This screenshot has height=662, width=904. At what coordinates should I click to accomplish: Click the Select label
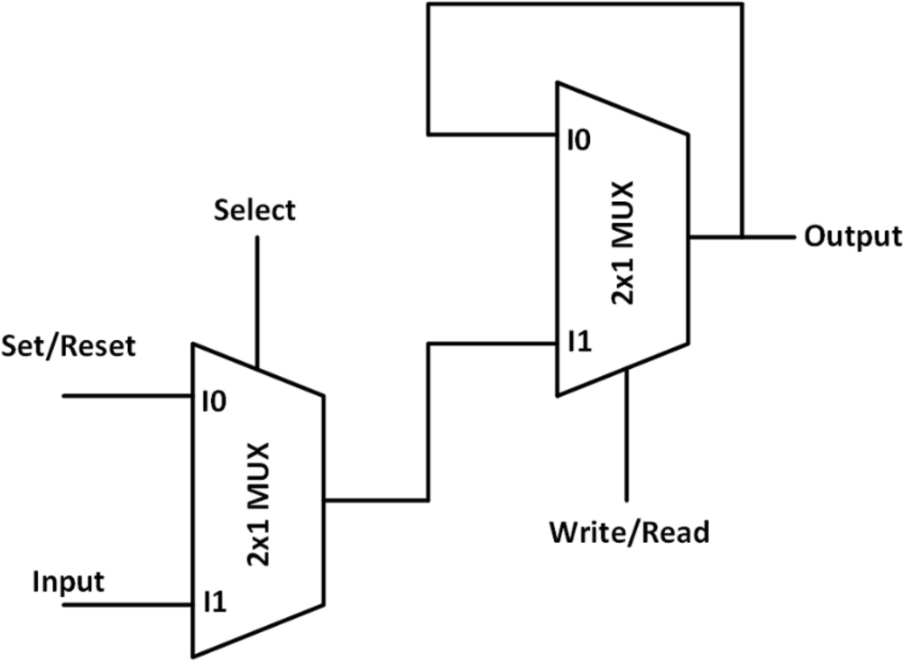pyautogui.click(x=254, y=210)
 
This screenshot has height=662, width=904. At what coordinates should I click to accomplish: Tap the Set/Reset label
pyautogui.click(x=69, y=345)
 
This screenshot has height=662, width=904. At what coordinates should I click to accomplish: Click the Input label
pyautogui.click(x=69, y=581)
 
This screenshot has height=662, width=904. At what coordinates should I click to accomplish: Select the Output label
pyautogui.click(x=853, y=237)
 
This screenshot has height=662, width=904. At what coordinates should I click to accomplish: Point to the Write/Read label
pyautogui.click(x=630, y=532)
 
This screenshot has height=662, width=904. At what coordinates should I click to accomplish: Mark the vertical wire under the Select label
pyautogui.click(x=257, y=298)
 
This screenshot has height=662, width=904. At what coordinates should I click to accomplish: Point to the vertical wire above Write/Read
pyautogui.click(x=626, y=442)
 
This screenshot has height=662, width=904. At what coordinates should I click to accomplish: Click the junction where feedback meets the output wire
pyautogui.click(x=742, y=238)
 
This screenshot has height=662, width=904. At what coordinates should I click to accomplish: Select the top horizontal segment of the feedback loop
pyautogui.click(x=586, y=4)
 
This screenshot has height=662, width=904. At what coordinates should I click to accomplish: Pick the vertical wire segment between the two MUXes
pyautogui.click(x=428, y=422)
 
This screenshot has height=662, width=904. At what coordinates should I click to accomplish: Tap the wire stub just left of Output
pyautogui.click(x=767, y=238)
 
